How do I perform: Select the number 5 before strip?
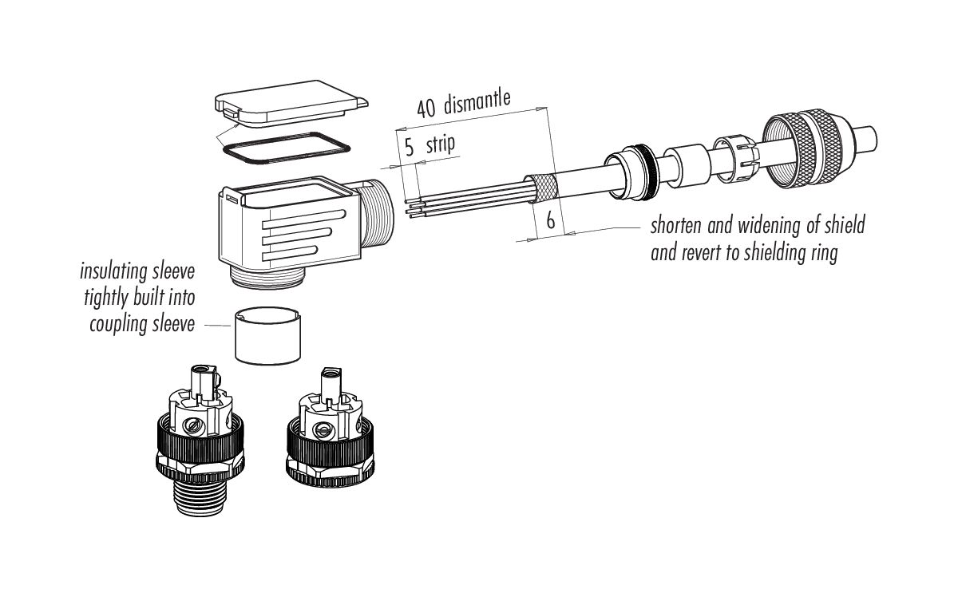[x=409, y=146]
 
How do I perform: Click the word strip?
[x=439, y=144]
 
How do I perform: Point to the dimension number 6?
[x=550, y=220]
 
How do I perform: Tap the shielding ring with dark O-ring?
[x=634, y=168]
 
